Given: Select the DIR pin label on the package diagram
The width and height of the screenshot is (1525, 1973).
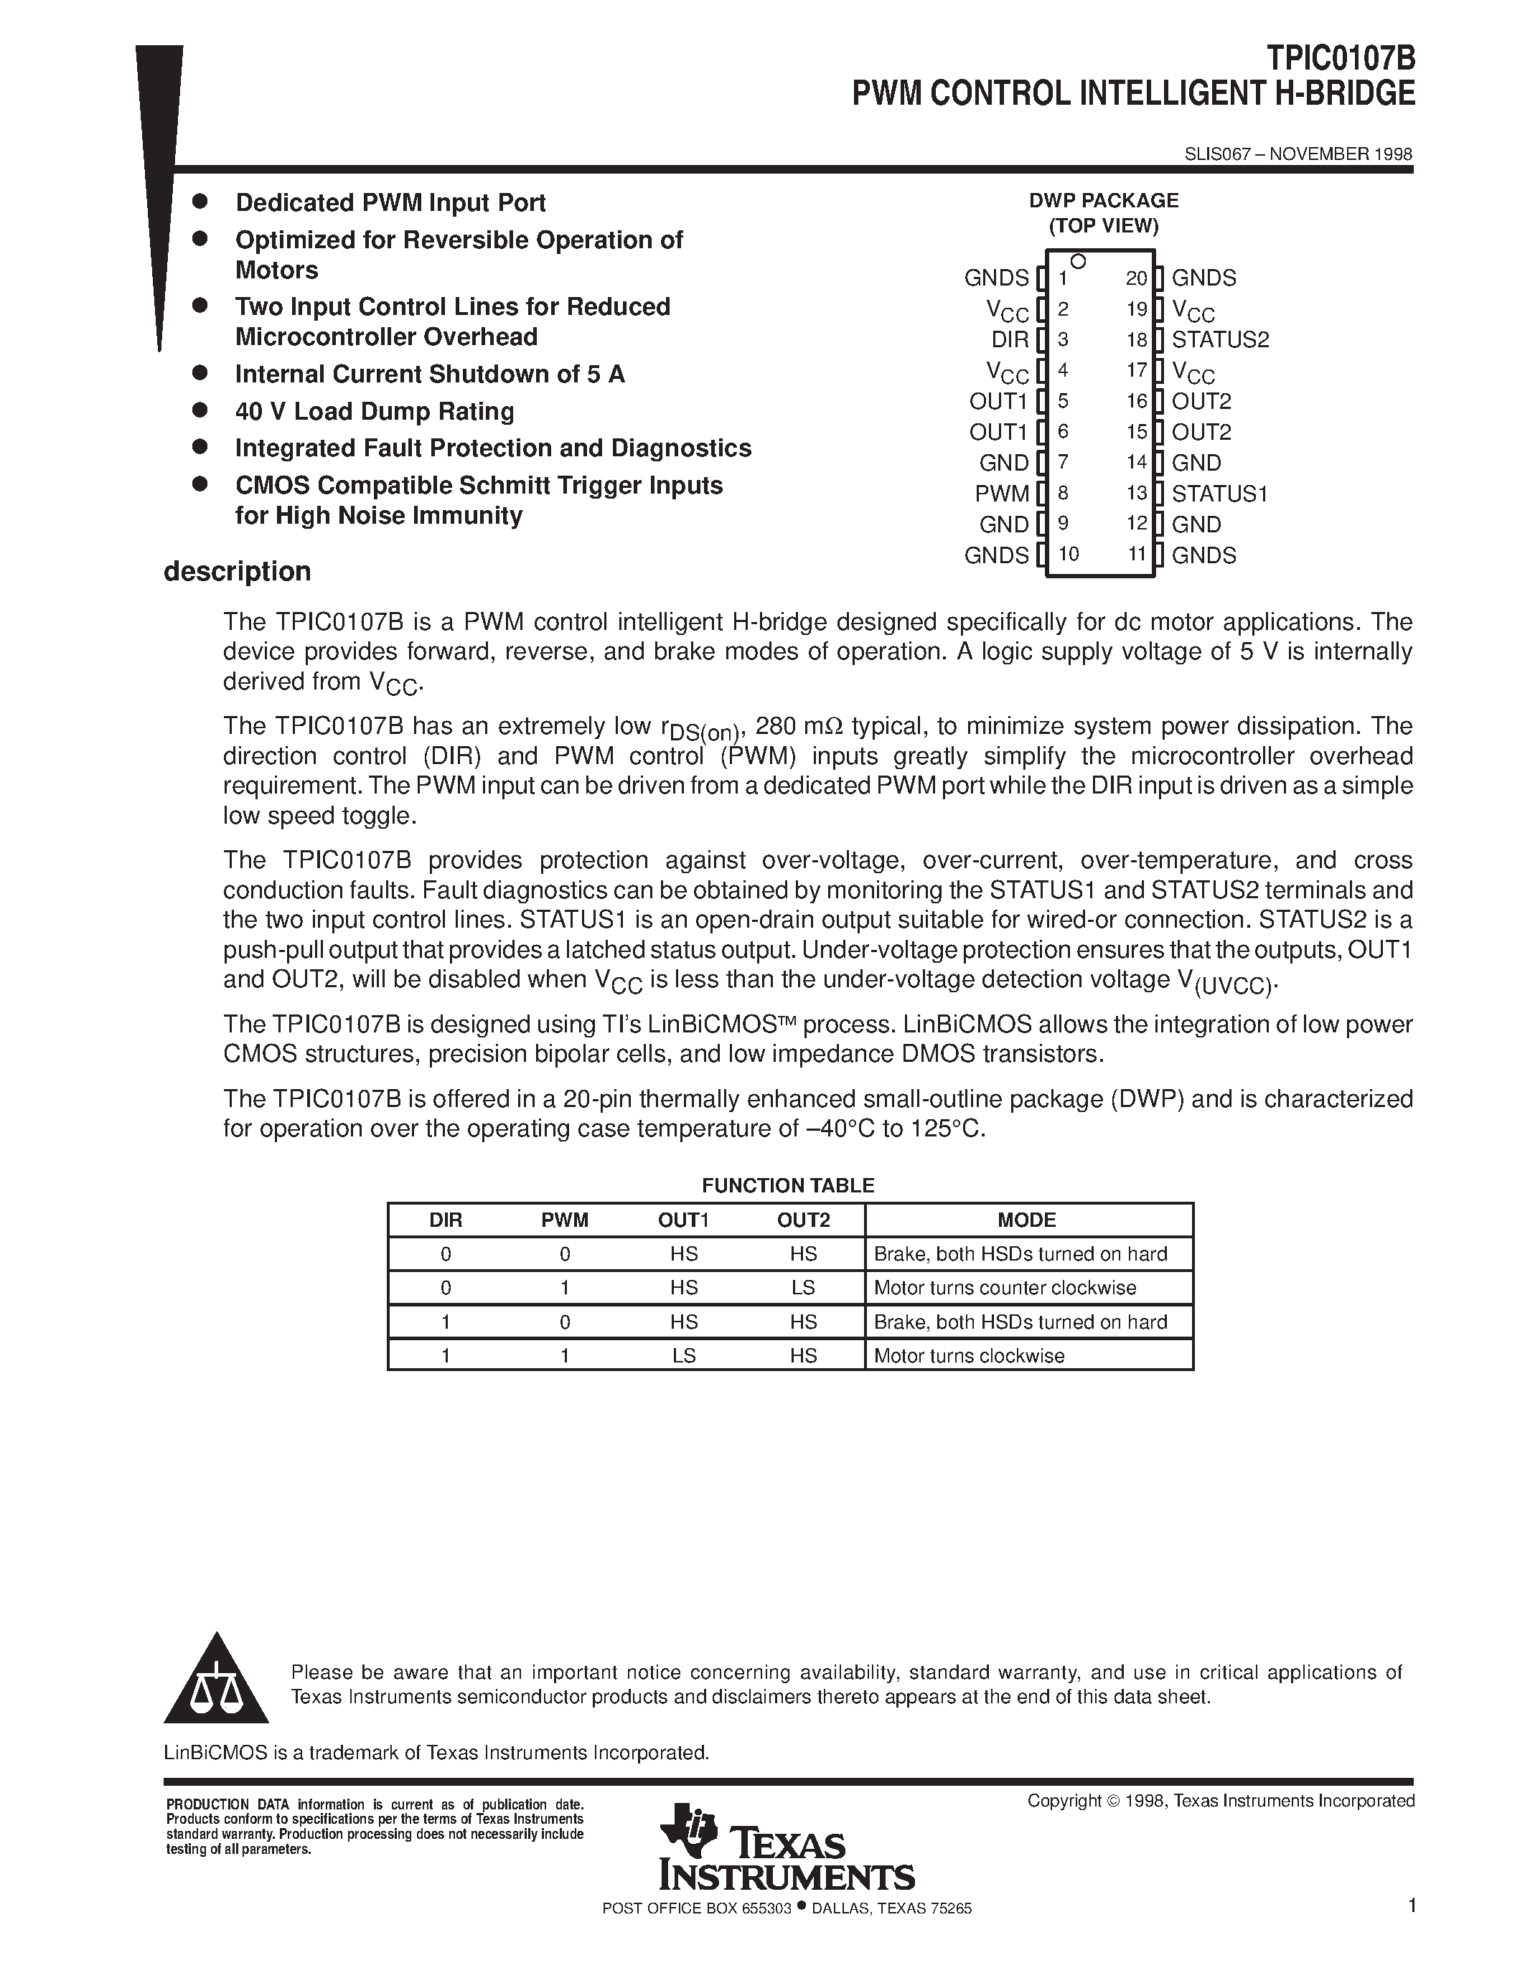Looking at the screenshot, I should [1010, 339].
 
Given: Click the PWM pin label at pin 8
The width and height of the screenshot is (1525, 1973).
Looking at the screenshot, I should [1002, 494].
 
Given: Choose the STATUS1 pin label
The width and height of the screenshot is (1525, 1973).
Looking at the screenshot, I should [1219, 494].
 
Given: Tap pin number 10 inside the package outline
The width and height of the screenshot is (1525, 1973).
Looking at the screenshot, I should [1068, 554].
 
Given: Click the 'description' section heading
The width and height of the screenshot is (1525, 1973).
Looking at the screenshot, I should [237, 572].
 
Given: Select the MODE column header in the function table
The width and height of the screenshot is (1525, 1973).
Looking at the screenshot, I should [1026, 1220].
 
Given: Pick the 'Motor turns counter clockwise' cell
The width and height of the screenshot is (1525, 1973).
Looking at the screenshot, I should [1005, 1287].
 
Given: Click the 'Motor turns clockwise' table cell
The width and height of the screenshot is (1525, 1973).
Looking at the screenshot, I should [970, 1355].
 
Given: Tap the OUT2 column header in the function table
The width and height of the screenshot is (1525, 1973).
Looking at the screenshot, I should [803, 1220].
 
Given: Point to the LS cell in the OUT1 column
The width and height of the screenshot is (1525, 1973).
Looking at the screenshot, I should [684, 1355].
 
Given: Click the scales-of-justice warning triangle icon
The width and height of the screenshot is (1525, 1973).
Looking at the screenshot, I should [216, 1684].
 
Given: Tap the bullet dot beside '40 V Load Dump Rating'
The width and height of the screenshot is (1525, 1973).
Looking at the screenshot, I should [200, 410].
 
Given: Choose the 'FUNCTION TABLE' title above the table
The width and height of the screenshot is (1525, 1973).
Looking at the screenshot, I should [788, 1185].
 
